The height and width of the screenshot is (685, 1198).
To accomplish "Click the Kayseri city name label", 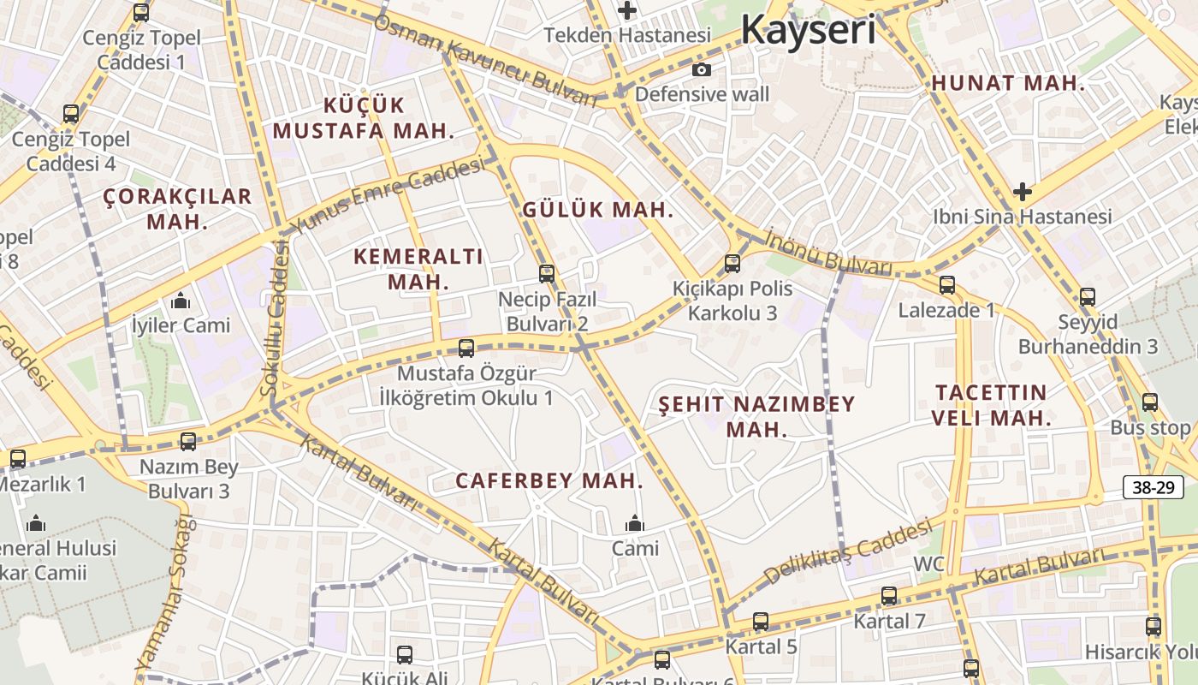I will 808,29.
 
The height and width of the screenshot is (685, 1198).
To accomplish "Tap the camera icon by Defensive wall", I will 701,70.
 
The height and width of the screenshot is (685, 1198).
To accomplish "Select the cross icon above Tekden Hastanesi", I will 628,11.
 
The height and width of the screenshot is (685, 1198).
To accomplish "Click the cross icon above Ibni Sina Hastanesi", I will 1022,192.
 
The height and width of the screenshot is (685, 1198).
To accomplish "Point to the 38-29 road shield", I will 1153,488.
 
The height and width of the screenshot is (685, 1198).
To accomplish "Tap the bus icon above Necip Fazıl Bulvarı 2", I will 547,274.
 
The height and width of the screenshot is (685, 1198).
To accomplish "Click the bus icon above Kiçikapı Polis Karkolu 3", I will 732,263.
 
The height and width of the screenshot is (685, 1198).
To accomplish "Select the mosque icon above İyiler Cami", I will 181,301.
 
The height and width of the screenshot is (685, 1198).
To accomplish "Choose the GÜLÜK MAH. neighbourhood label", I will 598,210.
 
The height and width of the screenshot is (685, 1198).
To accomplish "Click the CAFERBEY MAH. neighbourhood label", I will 549,481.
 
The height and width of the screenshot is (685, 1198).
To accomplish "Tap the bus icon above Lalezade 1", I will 946,285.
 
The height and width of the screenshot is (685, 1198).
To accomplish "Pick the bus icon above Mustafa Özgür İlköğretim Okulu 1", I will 466,348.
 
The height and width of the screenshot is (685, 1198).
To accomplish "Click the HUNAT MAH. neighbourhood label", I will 1008,84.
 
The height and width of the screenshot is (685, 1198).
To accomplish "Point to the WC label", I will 928,564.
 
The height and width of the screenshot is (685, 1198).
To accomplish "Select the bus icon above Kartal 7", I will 889,596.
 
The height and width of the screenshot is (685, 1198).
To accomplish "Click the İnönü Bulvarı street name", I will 828,253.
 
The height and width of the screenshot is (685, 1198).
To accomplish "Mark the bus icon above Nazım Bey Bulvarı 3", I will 188,442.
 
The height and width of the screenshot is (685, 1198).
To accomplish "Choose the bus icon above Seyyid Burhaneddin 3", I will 1087,297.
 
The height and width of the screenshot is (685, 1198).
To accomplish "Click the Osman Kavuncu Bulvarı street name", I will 485,60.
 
